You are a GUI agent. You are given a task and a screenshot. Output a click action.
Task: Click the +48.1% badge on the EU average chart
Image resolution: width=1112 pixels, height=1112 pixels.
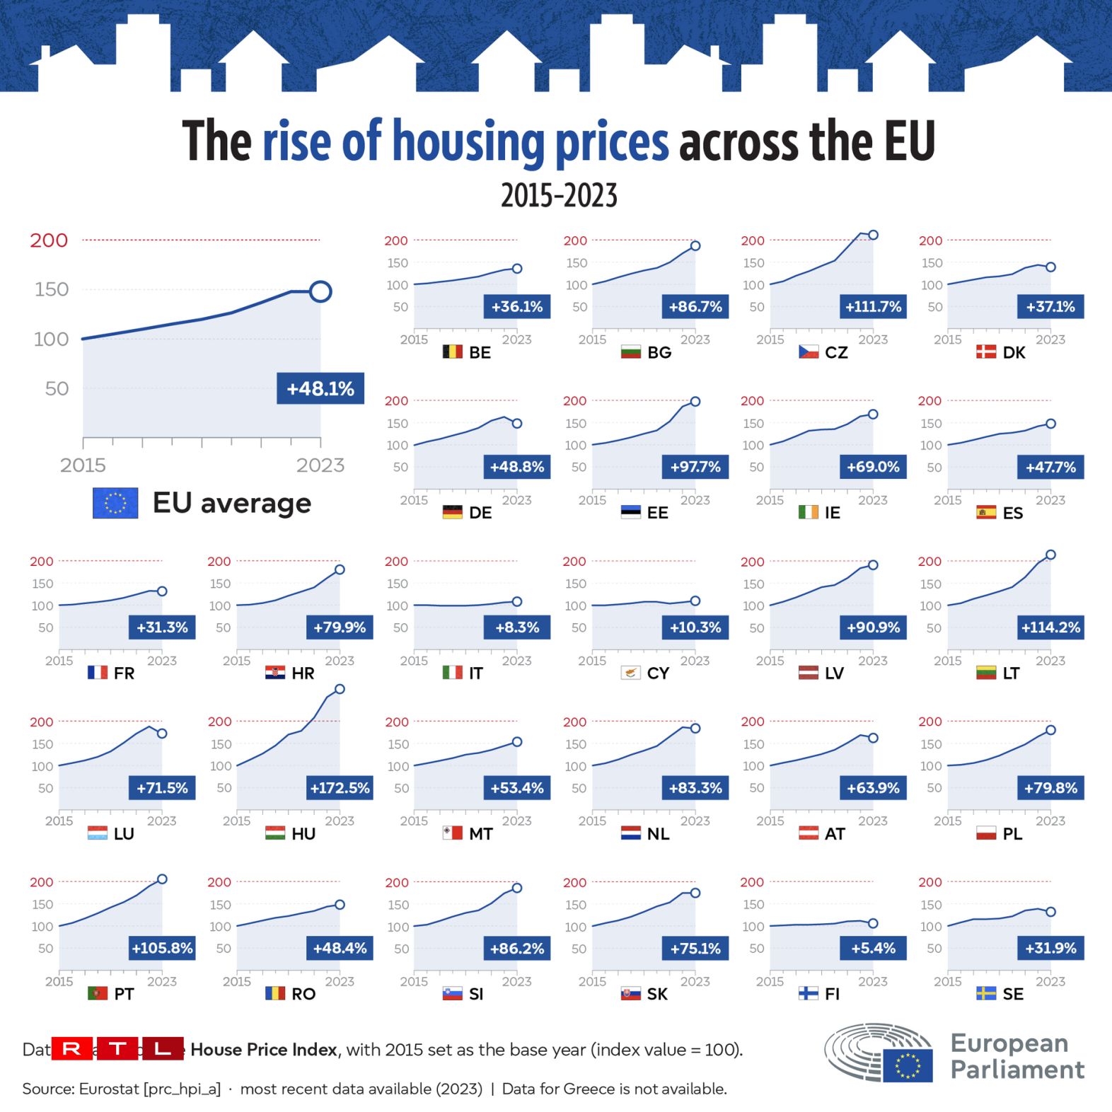(320, 388)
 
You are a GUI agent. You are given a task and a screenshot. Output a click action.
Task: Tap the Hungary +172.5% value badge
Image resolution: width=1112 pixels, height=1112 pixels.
(340, 788)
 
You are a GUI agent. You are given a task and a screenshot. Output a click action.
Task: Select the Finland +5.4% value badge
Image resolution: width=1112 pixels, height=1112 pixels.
(873, 948)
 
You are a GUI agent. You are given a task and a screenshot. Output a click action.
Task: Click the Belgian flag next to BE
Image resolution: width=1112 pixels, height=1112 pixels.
(452, 352)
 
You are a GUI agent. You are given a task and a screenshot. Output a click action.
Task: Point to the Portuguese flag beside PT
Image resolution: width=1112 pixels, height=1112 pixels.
(98, 993)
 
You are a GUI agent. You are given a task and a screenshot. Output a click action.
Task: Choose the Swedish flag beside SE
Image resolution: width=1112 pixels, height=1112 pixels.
(986, 993)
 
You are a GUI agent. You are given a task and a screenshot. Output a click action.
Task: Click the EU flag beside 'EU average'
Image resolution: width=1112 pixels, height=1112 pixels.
(115, 503)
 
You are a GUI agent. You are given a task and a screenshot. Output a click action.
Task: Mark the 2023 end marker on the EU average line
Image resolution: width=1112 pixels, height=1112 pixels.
(320, 291)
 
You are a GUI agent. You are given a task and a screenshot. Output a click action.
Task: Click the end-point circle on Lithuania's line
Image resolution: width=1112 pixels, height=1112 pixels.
(1050, 555)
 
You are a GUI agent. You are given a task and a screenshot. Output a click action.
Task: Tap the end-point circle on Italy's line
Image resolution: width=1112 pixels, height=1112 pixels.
(517, 601)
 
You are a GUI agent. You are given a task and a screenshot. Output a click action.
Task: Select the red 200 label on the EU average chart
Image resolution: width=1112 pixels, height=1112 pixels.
(49, 241)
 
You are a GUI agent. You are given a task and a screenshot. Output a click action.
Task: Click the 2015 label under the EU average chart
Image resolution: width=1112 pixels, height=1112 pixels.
(83, 465)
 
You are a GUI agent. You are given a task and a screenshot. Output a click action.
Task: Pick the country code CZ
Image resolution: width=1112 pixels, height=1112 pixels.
(836, 352)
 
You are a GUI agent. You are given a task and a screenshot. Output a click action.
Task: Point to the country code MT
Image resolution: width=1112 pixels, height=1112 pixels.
(481, 834)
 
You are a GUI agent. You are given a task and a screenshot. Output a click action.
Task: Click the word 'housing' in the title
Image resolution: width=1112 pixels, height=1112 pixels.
(468, 141)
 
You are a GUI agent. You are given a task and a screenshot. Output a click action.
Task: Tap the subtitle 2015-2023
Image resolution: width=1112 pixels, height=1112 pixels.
(559, 195)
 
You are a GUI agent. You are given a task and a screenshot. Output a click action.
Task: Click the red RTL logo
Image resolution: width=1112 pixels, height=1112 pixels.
(117, 1048)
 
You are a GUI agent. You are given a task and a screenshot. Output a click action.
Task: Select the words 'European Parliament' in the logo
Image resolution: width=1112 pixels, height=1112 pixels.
(1017, 1056)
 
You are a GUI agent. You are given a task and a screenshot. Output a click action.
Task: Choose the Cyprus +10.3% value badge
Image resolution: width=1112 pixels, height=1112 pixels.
(695, 627)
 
